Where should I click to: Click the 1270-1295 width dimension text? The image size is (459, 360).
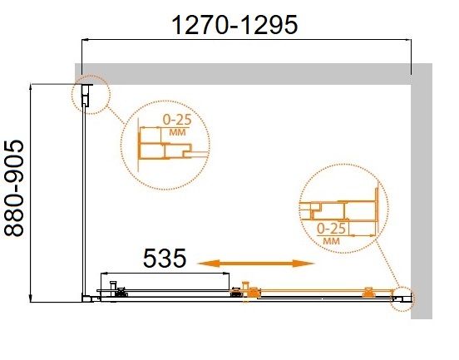point(234,25)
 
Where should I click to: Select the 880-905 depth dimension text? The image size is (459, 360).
point(14,188)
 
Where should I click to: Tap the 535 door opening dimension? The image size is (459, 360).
point(165,258)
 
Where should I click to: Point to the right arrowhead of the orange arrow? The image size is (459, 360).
point(304,264)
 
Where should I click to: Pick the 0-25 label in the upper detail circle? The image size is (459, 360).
point(177,120)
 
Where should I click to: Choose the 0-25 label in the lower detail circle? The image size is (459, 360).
point(332,229)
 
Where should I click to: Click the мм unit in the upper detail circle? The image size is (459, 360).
point(177,132)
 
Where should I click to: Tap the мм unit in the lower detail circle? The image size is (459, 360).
point(332,241)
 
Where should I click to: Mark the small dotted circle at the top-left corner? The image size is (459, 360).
point(72,94)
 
